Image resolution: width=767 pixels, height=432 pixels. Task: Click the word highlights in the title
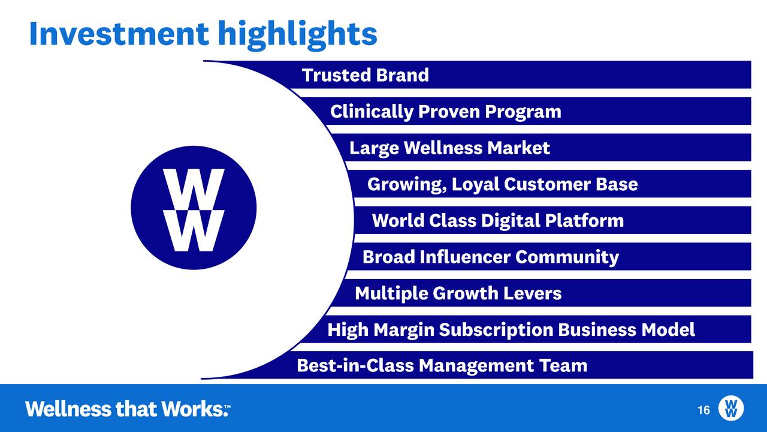(x=298, y=35)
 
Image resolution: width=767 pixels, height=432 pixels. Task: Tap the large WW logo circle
(x=194, y=208)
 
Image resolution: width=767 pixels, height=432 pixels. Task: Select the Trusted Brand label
(x=366, y=75)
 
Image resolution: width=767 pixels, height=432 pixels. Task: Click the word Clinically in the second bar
(x=372, y=112)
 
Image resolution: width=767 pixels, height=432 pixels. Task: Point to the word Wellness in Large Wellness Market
(x=443, y=148)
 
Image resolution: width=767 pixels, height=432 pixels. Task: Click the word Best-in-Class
(x=355, y=365)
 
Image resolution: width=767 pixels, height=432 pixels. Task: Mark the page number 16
(x=703, y=410)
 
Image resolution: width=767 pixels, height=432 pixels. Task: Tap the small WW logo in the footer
(x=731, y=408)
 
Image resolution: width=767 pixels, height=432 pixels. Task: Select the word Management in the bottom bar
(x=476, y=366)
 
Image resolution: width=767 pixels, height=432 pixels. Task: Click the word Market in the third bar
(x=518, y=148)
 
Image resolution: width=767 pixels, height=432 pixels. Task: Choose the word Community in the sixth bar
(x=567, y=257)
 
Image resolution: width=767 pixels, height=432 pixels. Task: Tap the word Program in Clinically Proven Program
(x=523, y=112)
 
